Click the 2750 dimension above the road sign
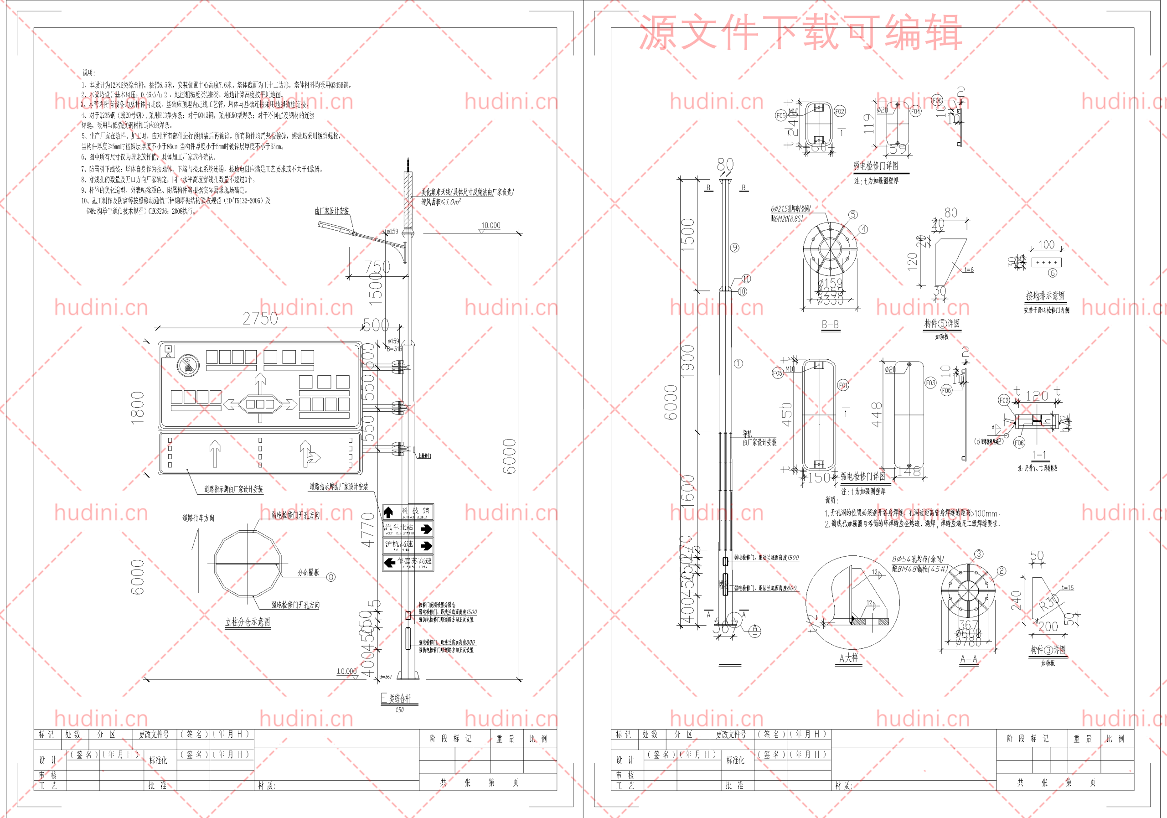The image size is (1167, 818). pos(260,319)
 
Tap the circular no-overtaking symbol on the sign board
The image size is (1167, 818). pos(188,365)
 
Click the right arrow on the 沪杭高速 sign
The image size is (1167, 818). pos(426,545)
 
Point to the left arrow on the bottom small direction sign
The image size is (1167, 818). pos(390,563)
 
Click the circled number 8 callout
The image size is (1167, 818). pos(331,577)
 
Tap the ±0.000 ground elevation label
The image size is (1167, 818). pos(346,672)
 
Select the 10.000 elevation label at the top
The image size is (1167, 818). pos(491,225)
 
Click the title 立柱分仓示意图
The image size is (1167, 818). pos(248,622)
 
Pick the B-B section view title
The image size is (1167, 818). pos(830,324)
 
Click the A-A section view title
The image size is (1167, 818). pos(969,659)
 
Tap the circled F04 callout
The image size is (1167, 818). pos(915,111)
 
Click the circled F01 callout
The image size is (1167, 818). pos(843,385)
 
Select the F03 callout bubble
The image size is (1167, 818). pos(930,383)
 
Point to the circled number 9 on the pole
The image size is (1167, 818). pos(735,248)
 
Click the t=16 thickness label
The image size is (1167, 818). pos(1067,588)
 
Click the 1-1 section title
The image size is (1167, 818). pos(1039,455)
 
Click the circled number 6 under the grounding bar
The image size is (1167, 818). pos(1053,273)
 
